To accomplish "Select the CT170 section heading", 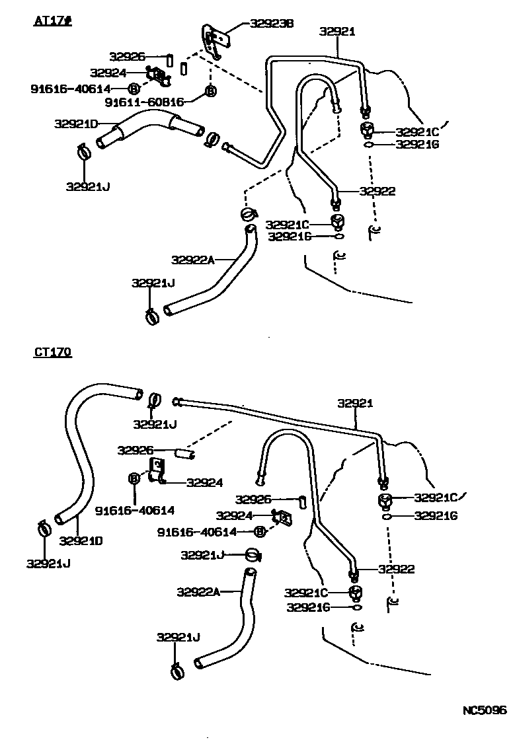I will point(52,352).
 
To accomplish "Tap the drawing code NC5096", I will point(483,711).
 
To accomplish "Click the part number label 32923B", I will point(272,24).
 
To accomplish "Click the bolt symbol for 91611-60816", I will point(210,91).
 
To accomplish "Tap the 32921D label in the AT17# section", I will point(76,124).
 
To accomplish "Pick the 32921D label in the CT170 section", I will point(81,540).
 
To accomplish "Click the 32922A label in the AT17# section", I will point(193,260).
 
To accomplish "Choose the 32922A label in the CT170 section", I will point(198,591).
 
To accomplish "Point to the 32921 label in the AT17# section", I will point(337,31).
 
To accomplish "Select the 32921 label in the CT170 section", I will point(356,402).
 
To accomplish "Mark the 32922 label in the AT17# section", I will point(377,192).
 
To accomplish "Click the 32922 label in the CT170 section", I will point(396,569).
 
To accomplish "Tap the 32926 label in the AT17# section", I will point(128,57).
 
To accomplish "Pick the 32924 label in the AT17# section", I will point(108,73).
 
